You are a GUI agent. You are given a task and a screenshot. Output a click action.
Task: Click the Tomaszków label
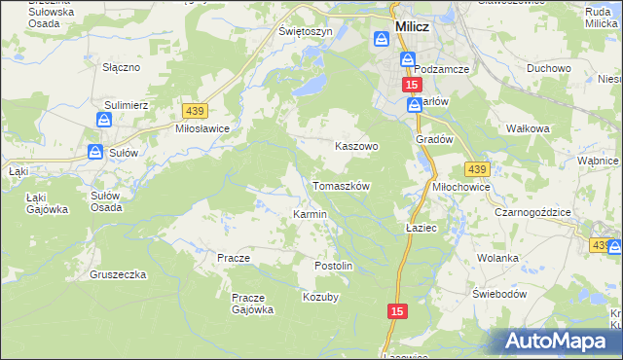pyautogui.click(x=341, y=186)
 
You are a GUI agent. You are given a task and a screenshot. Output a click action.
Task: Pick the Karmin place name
pyautogui.click(x=310, y=214)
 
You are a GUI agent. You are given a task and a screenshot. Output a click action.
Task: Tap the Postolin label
pyautogui.click(x=333, y=266)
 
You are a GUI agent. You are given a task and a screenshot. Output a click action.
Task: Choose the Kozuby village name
pyautogui.click(x=320, y=297)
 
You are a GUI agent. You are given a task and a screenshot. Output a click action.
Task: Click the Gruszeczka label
pyautogui.click(x=118, y=274)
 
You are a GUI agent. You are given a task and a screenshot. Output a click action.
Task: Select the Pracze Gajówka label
pyautogui.click(x=252, y=304)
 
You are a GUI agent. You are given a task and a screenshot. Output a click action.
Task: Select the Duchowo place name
pyautogui.click(x=548, y=69)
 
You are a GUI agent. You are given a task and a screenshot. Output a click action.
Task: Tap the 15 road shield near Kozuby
pyautogui.click(x=395, y=310)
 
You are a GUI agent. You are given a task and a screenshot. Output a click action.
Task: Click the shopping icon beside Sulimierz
pyautogui.click(x=104, y=120)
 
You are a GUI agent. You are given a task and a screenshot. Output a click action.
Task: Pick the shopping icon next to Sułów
pyautogui.click(x=94, y=152)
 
